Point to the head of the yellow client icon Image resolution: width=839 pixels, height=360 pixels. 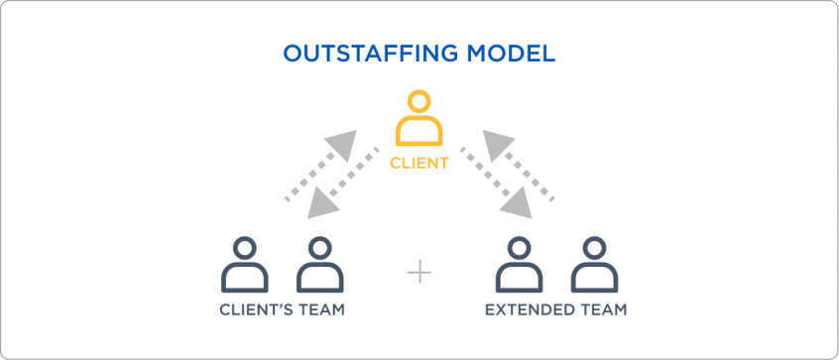[x=419, y=102]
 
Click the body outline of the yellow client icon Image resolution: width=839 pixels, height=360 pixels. [x=419, y=133]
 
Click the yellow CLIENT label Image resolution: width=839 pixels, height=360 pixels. [x=419, y=163]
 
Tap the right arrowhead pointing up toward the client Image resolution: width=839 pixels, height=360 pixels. [x=496, y=141]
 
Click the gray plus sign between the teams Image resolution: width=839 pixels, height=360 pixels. [x=419, y=271]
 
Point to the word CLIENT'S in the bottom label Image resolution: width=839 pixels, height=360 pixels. [x=255, y=310]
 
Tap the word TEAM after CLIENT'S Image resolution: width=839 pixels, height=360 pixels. [x=322, y=310]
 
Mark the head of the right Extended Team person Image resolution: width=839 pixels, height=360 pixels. [x=594, y=248]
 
